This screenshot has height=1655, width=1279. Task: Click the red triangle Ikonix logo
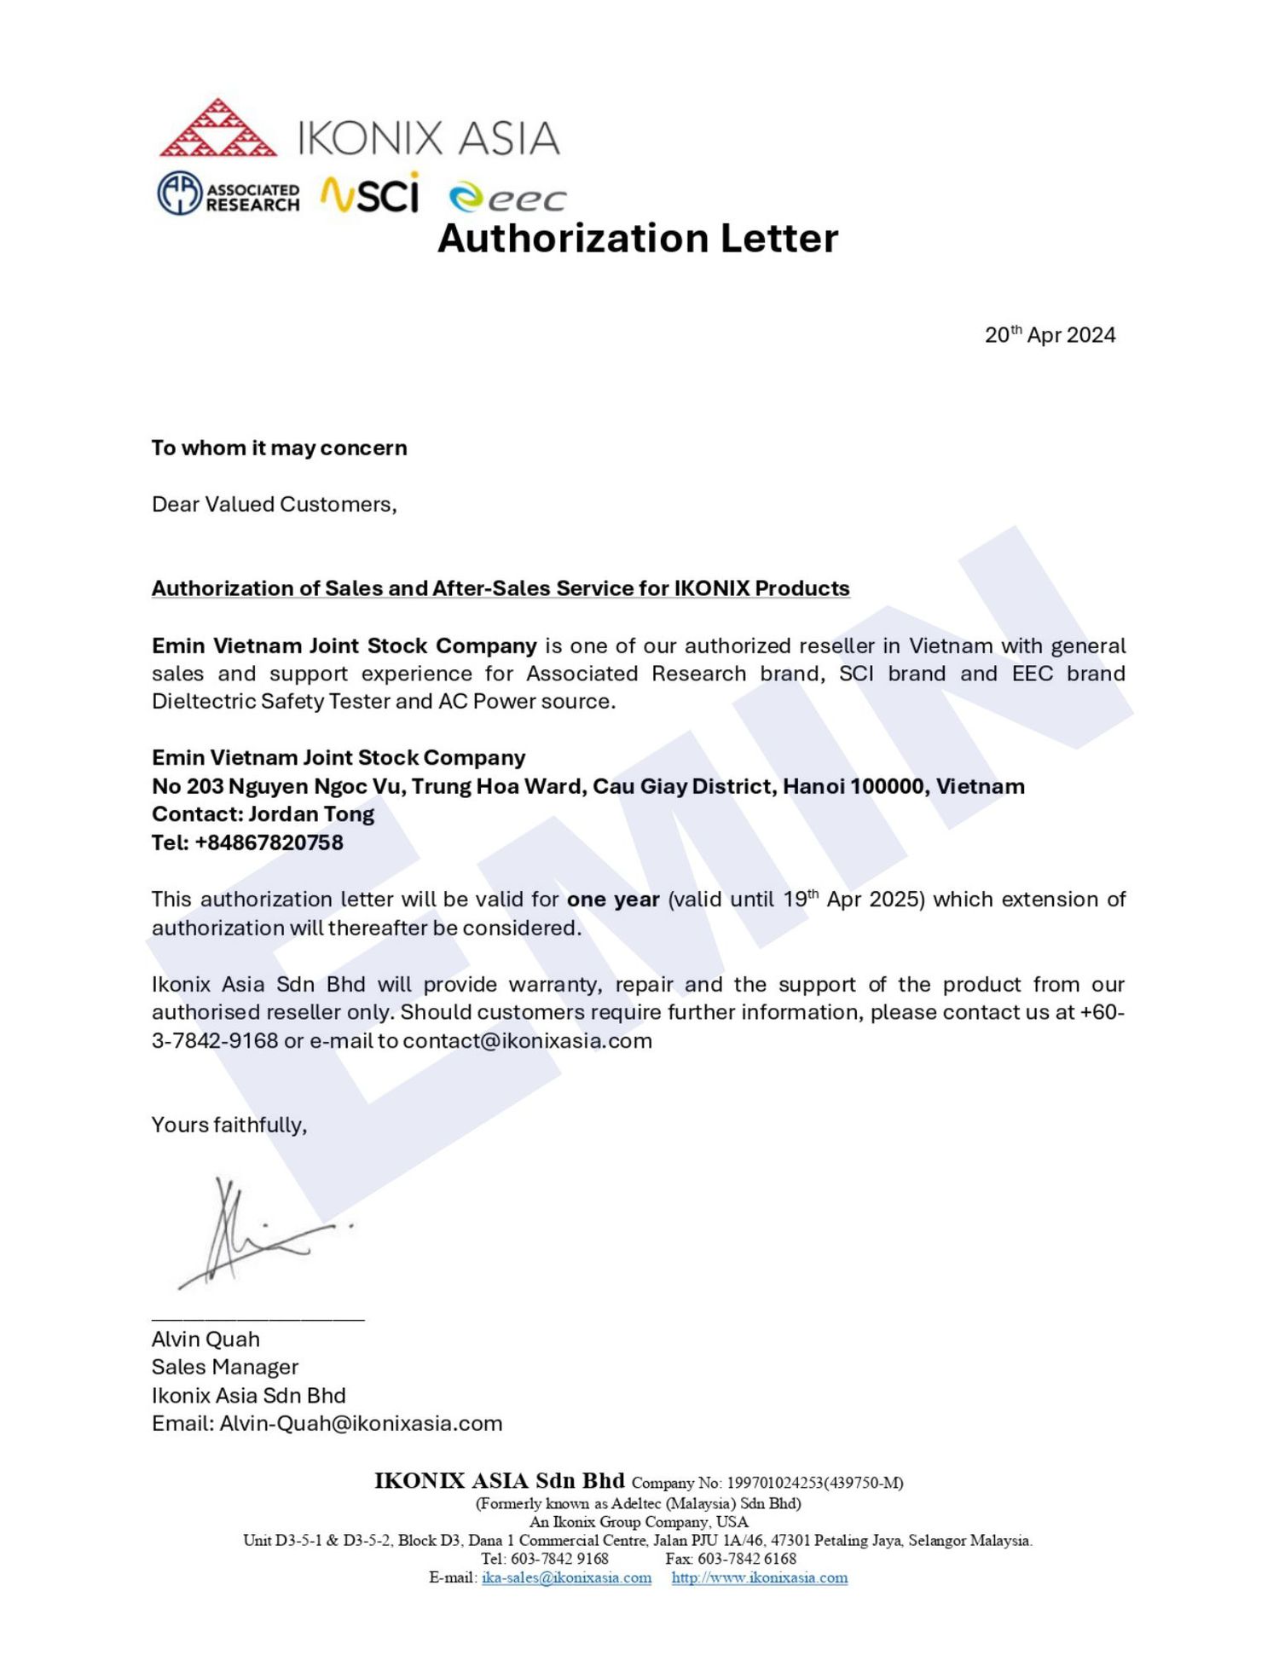click(x=218, y=129)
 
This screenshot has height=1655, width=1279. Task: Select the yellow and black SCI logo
click(x=370, y=194)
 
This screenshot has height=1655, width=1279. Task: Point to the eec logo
click(x=506, y=198)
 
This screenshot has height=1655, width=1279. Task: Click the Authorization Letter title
click(x=638, y=238)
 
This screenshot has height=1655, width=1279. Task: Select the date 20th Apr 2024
click(x=1050, y=335)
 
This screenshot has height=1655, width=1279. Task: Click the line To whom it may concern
click(x=279, y=448)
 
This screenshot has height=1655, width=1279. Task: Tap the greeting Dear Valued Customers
click(x=274, y=504)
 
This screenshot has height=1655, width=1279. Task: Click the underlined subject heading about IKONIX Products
click(x=501, y=588)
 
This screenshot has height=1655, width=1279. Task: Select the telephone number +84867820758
click(x=269, y=842)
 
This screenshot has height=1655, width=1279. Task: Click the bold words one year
click(x=613, y=900)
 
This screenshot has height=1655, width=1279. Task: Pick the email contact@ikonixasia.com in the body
click(x=527, y=1041)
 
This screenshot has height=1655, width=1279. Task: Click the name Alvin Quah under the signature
click(x=205, y=1340)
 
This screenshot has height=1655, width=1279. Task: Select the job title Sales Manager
click(x=225, y=1368)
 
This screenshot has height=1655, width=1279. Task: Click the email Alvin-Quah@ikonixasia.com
click(x=361, y=1424)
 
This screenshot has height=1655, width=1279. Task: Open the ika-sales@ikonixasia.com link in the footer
click(x=566, y=1578)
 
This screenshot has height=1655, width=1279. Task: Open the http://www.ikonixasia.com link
click(x=759, y=1578)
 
